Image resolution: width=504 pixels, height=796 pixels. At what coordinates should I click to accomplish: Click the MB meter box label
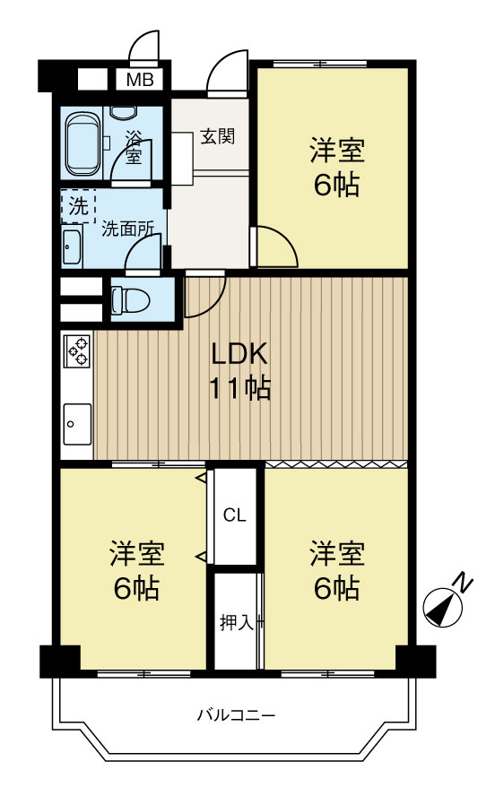pos(139,80)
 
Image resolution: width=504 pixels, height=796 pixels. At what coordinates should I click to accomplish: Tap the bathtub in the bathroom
pos(83,143)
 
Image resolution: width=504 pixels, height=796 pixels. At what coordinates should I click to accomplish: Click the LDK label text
pos(239,354)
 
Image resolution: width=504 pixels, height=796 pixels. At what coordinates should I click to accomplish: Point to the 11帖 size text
pos(239,389)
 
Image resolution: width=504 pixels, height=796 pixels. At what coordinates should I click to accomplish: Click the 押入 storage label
pos(236,621)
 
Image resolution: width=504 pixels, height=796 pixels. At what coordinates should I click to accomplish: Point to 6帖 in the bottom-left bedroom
pos(136,588)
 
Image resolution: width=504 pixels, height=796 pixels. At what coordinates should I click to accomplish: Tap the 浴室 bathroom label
pos(133,148)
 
